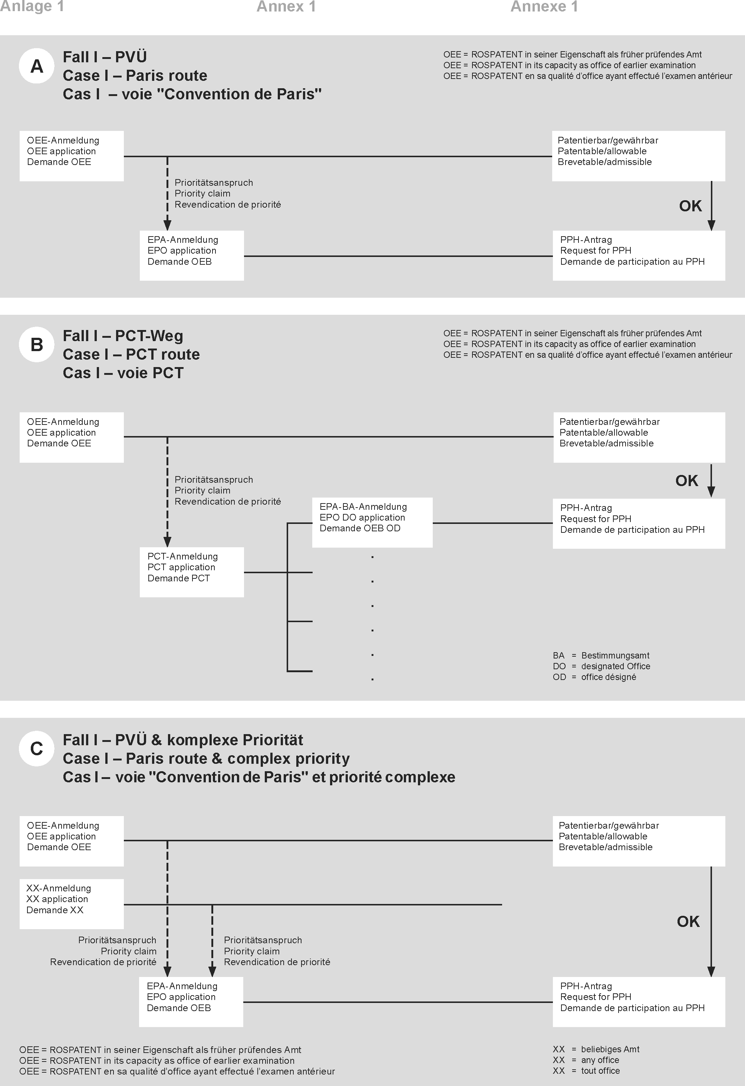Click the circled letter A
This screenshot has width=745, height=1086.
tap(36, 66)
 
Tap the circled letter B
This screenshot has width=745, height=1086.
tap(36, 345)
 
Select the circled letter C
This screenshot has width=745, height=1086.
tap(36, 749)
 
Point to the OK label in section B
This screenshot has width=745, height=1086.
tap(686, 481)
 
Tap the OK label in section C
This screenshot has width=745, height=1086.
tap(688, 921)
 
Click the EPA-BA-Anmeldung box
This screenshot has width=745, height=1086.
tap(372, 522)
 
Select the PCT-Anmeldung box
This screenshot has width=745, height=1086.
tap(192, 572)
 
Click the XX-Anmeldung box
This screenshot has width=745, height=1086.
tap(72, 904)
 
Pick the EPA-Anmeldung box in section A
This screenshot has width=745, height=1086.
tap(192, 255)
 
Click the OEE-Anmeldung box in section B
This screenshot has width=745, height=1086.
tap(72, 437)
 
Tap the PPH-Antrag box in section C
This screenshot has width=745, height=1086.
tap(639, 1001)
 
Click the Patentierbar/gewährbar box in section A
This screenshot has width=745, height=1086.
tap(639, 156)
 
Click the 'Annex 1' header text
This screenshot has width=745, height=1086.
tap(286, 7)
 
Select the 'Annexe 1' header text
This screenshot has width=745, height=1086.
tap(544, 7)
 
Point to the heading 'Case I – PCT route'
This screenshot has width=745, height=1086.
tap(131, 354)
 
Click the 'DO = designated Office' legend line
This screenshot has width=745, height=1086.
tap(601, 666)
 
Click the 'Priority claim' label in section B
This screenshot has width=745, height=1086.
tap(202, 490)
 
